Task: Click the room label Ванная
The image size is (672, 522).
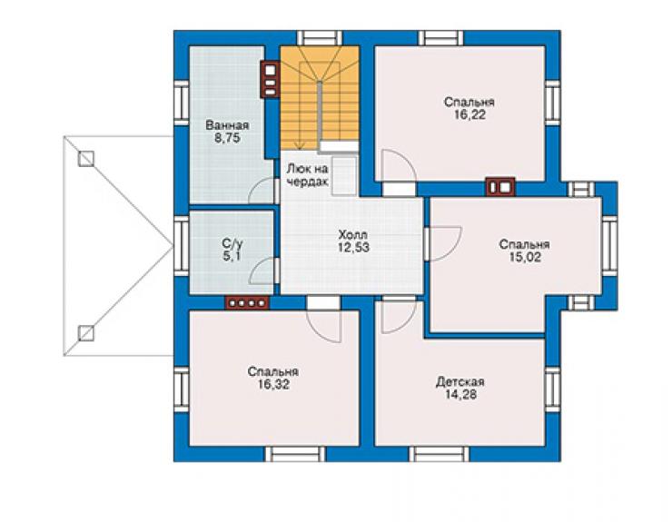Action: [x=227, y=125]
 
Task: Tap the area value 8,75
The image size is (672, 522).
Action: [x=227, y=138]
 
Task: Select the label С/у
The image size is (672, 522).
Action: [x=232, y=244]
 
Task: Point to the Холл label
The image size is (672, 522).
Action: [x=352, y=235]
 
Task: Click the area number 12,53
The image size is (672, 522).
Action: [x=353, y=247]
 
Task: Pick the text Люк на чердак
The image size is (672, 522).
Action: [x=307, y=175]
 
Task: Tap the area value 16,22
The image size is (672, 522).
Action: [x=469, y=115]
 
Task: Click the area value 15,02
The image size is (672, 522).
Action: [x=525, y=257]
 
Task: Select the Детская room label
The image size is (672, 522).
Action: [x=460, y=382]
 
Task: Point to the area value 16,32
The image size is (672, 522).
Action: [x=273, y=384]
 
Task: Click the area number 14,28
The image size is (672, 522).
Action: [x=460, y=394]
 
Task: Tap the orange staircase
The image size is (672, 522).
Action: [x=320, y=99]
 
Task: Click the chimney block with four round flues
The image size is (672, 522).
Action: [x=247, y=303]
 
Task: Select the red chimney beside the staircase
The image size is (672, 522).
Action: [x=271, y=80]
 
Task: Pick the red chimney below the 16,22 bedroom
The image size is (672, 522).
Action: [x=500, y=187]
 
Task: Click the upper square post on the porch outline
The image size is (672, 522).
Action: [x=86, y=159]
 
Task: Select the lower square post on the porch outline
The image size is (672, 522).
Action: [x=86, y=333]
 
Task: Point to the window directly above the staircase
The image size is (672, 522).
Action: [x=320, y=38]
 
